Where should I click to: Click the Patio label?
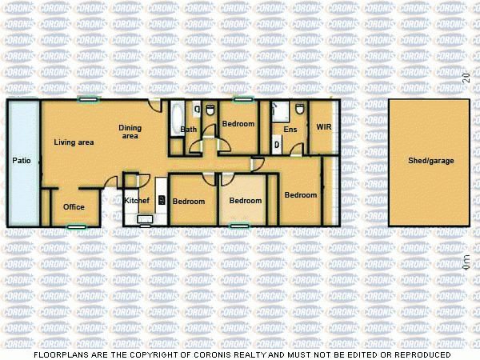[x=22, y=161]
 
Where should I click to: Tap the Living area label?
[x=74, y=142]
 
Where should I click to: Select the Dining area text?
[x=130, y=131]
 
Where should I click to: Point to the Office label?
[x=74, y=207]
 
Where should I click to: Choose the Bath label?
[x=189, y=129]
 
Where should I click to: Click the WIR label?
[x=323, y=127]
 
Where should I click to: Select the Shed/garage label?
[x=430, y=161]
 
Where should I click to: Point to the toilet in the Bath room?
[x=210, y=110]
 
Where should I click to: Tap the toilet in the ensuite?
[x=298, y=110]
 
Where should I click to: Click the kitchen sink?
[x=145, y=218]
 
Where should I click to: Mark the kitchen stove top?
[x=162, y=200]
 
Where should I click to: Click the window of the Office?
[x=76, y=226]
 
